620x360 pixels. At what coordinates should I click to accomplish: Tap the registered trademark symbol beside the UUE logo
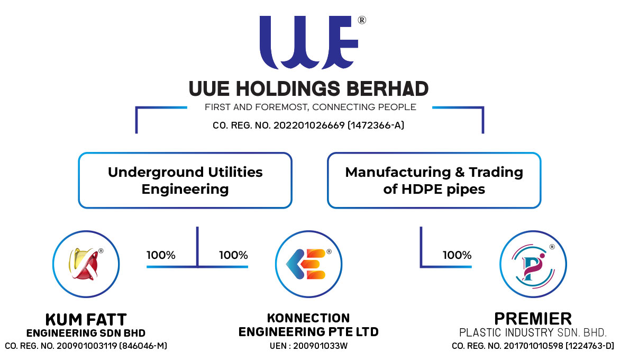pos(362,21)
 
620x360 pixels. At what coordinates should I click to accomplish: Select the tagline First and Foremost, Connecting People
pos(310,107)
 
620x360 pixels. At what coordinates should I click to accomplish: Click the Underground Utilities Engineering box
pos(185,181)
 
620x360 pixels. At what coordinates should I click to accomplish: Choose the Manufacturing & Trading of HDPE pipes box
pos(434,181)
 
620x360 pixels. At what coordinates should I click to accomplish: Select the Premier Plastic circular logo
pos(533,264)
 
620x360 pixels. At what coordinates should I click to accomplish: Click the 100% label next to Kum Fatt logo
pos(161,255)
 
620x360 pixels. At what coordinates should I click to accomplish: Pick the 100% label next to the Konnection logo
pos(233,255)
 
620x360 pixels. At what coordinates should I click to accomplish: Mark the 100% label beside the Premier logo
pos(457,255)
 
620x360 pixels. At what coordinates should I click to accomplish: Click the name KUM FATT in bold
pos(86,320)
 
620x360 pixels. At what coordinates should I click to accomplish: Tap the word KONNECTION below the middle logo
pos(308,318)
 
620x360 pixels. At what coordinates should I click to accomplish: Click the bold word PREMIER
pos(533,319)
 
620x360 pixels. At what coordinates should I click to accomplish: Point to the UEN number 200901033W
pos(319,346)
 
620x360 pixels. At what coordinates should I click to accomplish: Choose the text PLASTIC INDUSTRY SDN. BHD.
pos(533,333)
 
